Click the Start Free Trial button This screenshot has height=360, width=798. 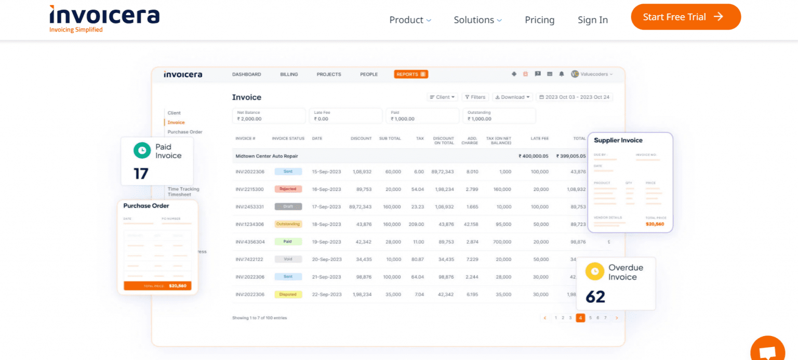click(685, 17)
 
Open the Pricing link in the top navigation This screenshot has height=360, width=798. click(539, 20)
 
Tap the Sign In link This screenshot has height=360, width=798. click(592, 20)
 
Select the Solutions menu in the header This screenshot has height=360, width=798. click(477, 20)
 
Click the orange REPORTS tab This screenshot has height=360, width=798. click(410, 74)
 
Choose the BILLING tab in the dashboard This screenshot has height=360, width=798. click(289, 74)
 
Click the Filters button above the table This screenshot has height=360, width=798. click(475, 97)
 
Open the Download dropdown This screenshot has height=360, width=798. click(512, 97)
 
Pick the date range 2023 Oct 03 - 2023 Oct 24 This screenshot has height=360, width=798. click(575, 97)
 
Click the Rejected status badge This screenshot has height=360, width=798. click(288, 189)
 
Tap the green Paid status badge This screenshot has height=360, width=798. click(288, 242)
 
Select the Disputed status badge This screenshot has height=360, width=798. click(288, 295)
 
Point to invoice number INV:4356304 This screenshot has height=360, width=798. click(250, 242)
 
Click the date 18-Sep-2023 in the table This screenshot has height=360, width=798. click(326, 224)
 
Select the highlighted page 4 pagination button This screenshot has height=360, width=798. click(580, 318)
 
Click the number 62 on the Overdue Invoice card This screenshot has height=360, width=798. click(595, 297)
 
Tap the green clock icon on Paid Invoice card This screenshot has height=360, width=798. click(141, 151)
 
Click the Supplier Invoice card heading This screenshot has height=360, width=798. click(618, 140)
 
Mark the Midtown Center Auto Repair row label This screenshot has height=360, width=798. click(267, 156)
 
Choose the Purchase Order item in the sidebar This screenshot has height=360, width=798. click(185, 132)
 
